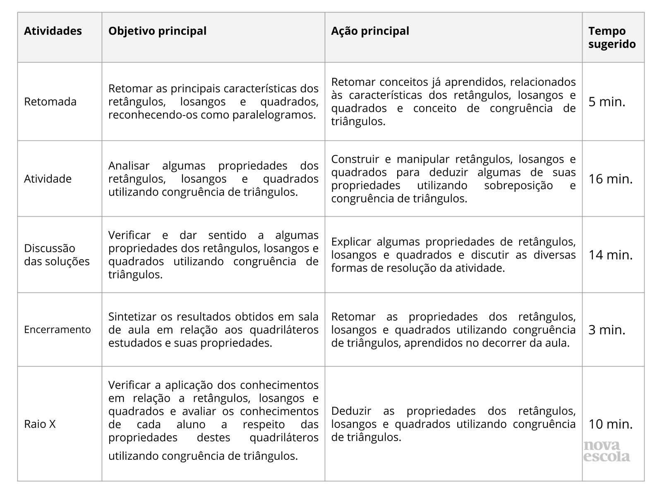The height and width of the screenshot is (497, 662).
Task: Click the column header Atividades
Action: (x=53, y=31)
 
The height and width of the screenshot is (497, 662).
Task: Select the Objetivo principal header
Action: (x=157, y=31)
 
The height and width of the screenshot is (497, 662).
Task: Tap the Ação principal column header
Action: (x=370, y=31)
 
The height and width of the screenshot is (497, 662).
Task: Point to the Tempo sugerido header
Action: (x=612, y=37)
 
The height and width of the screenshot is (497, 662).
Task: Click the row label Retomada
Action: (x=50, y=101)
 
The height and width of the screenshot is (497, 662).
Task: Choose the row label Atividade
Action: (x=48, y=179)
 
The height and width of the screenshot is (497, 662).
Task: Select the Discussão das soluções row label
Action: (x=57, y=255)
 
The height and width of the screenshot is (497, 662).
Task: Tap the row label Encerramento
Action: (x=57, y=329)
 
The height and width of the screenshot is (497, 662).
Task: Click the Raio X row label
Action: (x=40, y=424)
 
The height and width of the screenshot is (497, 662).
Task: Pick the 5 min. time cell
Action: (x=607, y=101)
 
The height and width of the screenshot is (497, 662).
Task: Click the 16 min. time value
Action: (x=610, y=179)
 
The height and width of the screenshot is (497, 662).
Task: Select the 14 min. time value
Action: (x=610, y=254)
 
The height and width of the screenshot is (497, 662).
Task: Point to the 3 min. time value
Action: (x=607, y=330)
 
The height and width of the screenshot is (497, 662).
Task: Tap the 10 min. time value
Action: (x=610, y=424)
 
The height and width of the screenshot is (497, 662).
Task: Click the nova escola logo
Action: (x=607, y=451)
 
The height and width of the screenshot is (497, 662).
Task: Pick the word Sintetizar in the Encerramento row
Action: (x=132, y=316)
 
